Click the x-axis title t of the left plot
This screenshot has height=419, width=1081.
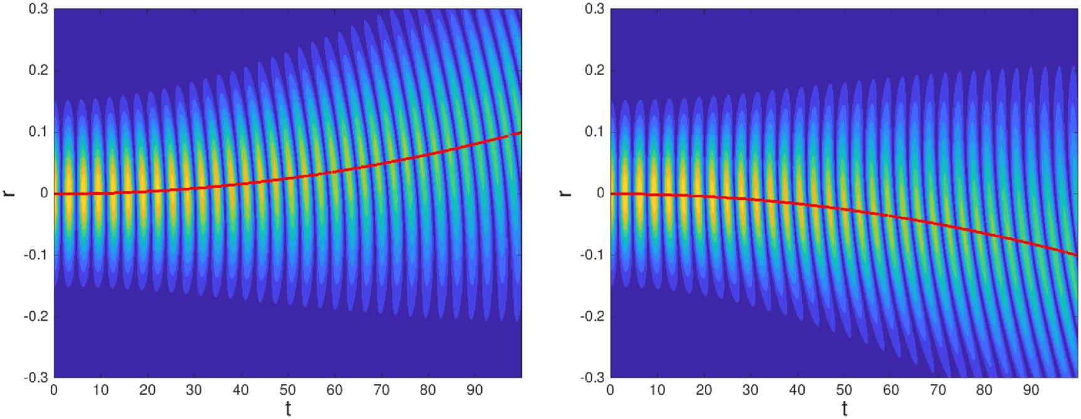[288, 408]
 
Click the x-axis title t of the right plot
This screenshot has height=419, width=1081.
[844, 408]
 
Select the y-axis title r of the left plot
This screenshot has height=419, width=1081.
[9, 193]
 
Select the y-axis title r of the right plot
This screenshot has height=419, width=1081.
[565, 193]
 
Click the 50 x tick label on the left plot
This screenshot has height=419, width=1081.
[288, 390]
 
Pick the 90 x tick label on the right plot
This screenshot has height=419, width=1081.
[1031, 390]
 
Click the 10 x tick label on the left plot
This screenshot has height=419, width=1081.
[101, 390]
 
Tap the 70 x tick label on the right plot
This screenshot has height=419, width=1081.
[937, 390]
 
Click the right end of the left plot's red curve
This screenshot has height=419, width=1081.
[521, 133]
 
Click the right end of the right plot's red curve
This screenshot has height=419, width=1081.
[1077, 255]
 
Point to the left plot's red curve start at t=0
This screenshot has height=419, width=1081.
[55, 194]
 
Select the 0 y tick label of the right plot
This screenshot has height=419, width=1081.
[600, 193]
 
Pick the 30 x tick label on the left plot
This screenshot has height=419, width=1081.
[194, 390]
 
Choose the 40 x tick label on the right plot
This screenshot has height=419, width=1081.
[797, 390]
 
